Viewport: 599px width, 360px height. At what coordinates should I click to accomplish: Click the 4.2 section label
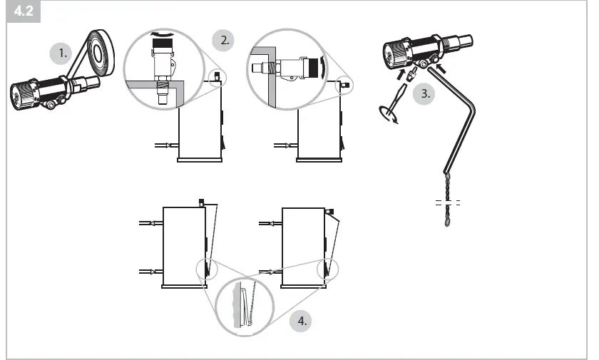24,11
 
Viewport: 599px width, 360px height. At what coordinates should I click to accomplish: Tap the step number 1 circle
63,53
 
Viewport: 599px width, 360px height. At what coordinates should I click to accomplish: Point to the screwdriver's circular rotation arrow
389,115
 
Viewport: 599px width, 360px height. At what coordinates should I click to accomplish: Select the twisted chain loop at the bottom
448,214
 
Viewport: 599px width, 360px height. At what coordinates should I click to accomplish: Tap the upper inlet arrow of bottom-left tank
151,224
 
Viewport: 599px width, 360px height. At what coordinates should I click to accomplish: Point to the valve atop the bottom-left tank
202,203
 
